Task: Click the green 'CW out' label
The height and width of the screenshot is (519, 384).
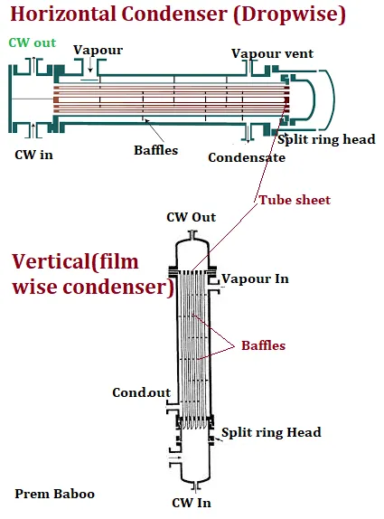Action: (x=33, y=42)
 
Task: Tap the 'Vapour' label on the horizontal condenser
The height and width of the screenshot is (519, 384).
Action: (x=98, y=50)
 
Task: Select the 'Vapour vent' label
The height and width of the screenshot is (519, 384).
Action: (x=272, y=53)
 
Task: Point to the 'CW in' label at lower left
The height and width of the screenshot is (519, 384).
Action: (x=33, y=155)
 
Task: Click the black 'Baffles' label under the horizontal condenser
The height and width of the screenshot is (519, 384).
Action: (x=155, y=150)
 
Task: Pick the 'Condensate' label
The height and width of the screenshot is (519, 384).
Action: (x=247, y=157)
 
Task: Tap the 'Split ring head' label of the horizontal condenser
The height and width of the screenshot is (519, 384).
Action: (x=326, y=139)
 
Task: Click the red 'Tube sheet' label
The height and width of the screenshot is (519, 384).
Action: (x=295, y=200)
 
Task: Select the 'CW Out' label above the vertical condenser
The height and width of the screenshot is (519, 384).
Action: (x=192, y=217)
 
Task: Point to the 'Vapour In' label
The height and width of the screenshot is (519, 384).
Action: (x=255, y=278)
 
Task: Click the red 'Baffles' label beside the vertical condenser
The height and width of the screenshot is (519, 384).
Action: (x=263, y=345)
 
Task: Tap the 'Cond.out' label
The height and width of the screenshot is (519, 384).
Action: (x=142, y=392)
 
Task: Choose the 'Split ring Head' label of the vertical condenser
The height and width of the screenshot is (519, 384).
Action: (x=271, y=432)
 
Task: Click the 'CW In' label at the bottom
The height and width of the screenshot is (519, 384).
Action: (x=192, y=503)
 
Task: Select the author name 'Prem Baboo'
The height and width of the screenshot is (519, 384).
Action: (x=54, y=494)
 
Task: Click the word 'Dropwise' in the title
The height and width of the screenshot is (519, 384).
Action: (x=289, y=14)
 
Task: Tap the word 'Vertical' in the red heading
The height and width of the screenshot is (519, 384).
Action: (x=51, y=261)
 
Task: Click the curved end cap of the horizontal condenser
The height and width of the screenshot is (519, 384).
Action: (x=333, y=99)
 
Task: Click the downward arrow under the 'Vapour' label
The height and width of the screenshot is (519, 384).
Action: (x=89, y=65)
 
